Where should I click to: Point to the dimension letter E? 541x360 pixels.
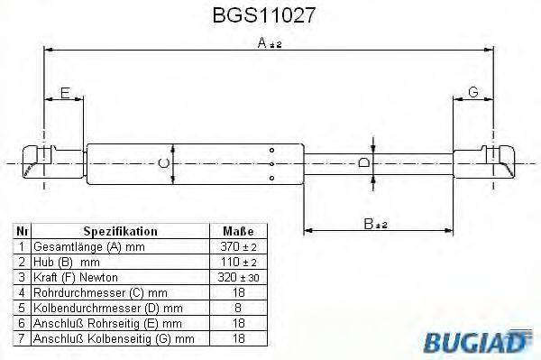[x=64, y=92]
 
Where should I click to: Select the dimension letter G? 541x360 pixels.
[x=472, y=92]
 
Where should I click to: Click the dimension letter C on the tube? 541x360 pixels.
[x=162, y=163]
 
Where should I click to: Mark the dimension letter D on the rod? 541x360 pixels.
[x=362, y=162]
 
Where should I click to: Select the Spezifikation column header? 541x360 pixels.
[x=120, y=232]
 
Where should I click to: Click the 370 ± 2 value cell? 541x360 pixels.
[x=239, y=246]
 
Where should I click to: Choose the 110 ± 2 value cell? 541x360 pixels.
[x=239, y=262]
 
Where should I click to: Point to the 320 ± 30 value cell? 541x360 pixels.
[x=239, y=277]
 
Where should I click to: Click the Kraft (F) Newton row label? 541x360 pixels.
[x=75, y=277]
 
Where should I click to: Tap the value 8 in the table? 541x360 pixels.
[x=239, y=308]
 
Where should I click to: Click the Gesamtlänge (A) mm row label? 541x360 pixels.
[x=87, y=246]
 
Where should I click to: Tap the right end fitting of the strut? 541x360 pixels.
[x=494, y=163]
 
